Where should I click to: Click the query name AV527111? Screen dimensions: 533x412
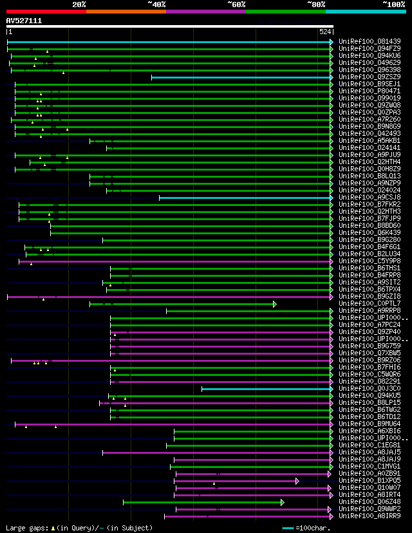pyautogui.click(x=24, y=21)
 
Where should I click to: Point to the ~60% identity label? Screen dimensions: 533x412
pyautogui.click(x=236, y=5)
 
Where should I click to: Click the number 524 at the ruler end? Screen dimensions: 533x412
pyautogui.click(x=325, y=32)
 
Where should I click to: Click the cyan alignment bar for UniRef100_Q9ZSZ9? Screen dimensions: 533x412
pyautogui.click(x=241, y=77)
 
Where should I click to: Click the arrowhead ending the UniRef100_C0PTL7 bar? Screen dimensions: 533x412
pyautogui.click(x=274, y=304)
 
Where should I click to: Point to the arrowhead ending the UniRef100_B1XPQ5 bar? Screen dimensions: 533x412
pyautogui.click(x=297, y=481)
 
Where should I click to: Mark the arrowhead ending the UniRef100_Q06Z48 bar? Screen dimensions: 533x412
pyautogui.click(x=282, y=502)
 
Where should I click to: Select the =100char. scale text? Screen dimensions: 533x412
pyautogui.click(x=315, y=528)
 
